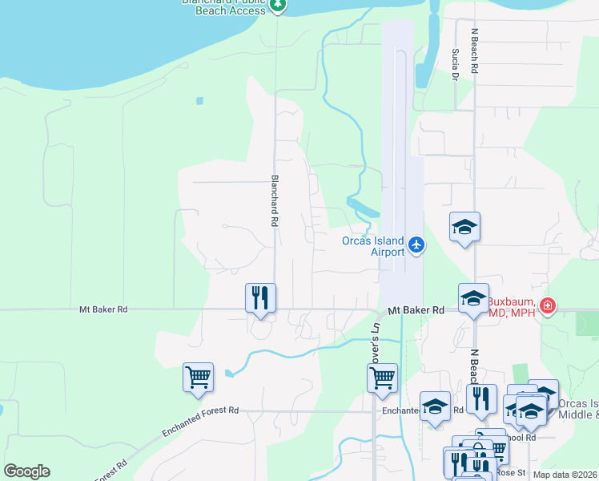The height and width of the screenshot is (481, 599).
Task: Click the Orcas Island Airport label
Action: (x=373, y=246)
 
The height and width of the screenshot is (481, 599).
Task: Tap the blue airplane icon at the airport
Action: (x=416, y=245)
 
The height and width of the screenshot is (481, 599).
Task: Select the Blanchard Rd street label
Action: (x=274, y=200)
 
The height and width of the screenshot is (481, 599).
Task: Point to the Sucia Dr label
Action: (x=454, y=64)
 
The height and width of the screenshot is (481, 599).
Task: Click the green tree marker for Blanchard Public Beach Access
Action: (x=278, y=6)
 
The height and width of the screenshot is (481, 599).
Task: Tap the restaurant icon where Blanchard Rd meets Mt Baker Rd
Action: (x=260, y=297)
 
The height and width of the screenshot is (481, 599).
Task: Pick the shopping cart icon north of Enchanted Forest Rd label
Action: (x=198, y=376)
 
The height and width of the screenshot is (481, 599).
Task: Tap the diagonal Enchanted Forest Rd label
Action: (x=200, y=420)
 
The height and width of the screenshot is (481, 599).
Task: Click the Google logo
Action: (x=26, y=471)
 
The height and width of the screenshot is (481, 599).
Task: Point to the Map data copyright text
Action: (x=565, y=475)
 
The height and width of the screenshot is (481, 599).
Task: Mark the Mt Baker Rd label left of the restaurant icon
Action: (x=103, y=309)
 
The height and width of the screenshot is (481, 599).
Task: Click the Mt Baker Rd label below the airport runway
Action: (x=416, y=309)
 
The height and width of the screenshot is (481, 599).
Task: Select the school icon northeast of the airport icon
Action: (x=464, y=228)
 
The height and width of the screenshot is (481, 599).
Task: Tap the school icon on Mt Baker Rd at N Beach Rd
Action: (x=473, y=298)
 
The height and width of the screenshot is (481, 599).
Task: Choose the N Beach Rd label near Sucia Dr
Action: (x=474, y=52)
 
